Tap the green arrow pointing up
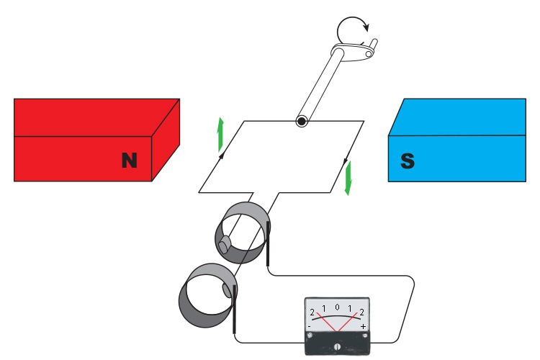(x=221, y=133)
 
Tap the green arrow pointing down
(x=348, y=178)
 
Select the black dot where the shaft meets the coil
(x=301, y=122)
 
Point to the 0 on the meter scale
(x=337, y=307)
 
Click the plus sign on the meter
(x=363, y=327)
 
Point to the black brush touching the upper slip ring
(x=269, y=243)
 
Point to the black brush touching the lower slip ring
(x=235, y=310)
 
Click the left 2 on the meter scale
(x=312, y=313)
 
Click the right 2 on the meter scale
(x=361, y=313)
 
